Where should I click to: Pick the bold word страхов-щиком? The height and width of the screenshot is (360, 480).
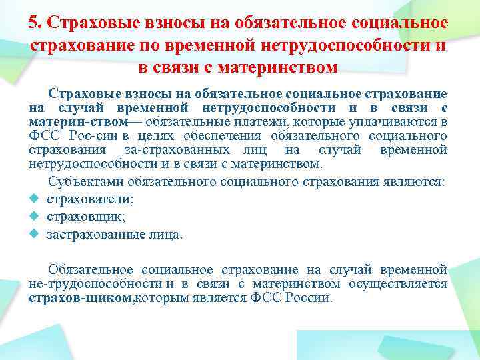(x=81, y=298)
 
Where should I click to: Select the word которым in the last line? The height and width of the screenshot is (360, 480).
(x=161, y=298)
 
